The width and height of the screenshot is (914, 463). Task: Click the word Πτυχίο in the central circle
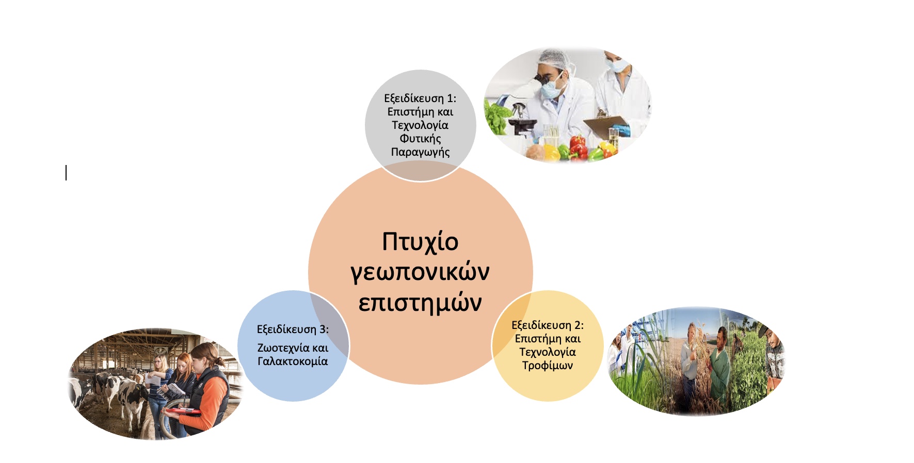click(420, 242)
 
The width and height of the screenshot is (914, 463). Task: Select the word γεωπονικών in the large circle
click(420, 272)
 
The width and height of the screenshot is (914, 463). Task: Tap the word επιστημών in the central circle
click(420, 303)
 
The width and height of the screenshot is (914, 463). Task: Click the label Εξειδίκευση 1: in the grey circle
click(420, 98)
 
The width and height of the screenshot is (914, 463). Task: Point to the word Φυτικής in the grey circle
click(420, 139)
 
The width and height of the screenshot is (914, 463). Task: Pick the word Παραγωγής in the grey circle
click(420, 152)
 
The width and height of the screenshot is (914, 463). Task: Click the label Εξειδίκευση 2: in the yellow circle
click(548, 325)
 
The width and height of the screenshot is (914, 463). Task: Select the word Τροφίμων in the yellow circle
click(548, 366)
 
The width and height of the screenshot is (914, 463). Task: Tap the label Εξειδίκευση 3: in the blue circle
click(293, 329)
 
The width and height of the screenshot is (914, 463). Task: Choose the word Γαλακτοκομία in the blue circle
click(293, 361)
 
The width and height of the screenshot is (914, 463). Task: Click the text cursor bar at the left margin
click(66, 173)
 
